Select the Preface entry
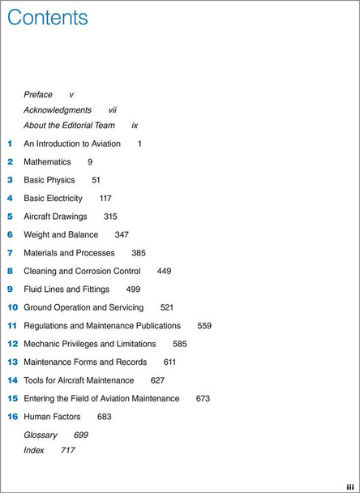(x=38, y=95)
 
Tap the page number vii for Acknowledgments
(x=113, y=110)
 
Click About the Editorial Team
(x=70, y=126)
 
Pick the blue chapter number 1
(x=11, y=144)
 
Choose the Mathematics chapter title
(x=47, y=162)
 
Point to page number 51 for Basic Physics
(x=96, y=180)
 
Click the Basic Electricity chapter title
(x=53, y=198)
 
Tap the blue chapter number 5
(x=11, y=216)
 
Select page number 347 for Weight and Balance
(x=122, y=234)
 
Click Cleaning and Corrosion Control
(x=82, y=271)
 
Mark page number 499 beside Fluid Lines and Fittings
(x=133, y=289)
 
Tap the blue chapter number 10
(x=12, y=307)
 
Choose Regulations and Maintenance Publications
(x=102, y=325)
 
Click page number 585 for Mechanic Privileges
(x=179, y=344)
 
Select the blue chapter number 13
(x=12, y=362)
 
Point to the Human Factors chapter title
(x=52, y=416)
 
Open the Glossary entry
(x=40, y=435)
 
